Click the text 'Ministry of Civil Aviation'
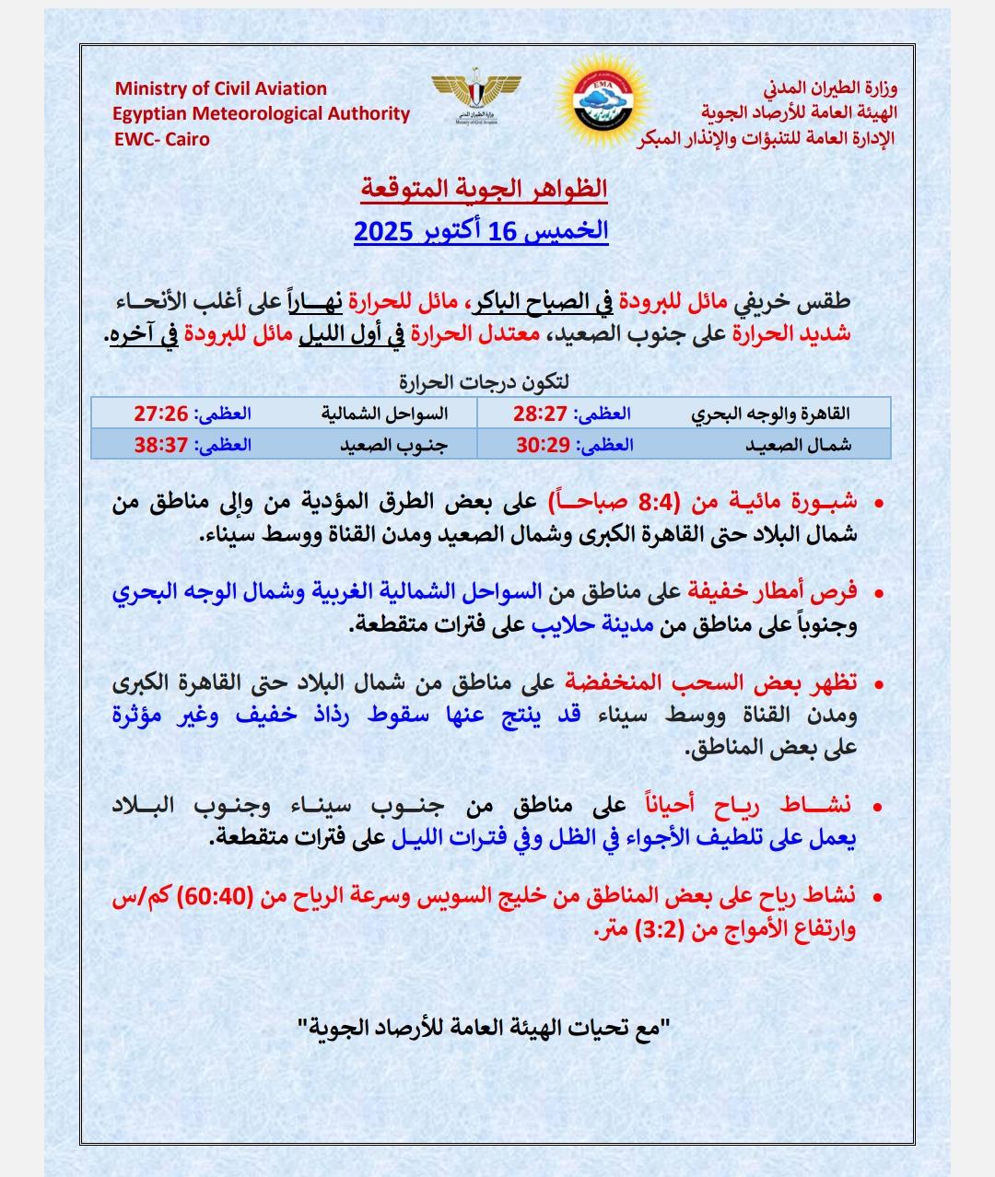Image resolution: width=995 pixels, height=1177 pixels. click(220, 89)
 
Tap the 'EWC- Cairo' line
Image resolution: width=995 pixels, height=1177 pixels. click(161, 140)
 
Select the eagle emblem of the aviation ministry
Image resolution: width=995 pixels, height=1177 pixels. click(476, 93)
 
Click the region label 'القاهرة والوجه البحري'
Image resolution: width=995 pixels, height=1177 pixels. click(771, 414)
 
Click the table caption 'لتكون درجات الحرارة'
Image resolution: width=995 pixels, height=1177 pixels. click(488, 381)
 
